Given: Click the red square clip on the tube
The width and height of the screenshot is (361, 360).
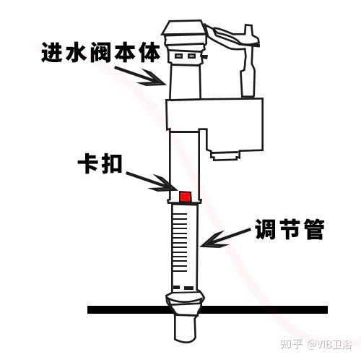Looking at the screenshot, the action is [x=185, y=196].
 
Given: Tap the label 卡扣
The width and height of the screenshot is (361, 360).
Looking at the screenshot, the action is [x=100, y=163].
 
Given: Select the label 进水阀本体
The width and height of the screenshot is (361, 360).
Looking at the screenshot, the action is [x=101, y=52].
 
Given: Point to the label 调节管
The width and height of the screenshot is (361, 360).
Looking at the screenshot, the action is [x=290, y=228].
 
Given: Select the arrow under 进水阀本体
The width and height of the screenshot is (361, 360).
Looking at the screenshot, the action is [x=141, y=76].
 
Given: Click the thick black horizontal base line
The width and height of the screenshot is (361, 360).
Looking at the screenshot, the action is [x=207, y=309].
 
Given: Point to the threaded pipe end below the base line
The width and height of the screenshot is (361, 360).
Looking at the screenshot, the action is [x=185, y=328].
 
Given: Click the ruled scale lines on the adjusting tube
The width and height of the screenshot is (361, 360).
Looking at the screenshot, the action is [x=180, y=242].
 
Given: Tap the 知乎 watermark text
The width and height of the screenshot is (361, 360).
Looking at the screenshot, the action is [x=292, y=344].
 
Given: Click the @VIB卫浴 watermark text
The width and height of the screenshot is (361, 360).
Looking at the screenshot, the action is [x=329, y=344].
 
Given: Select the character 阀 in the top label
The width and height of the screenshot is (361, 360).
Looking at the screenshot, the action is [x=101, y=53].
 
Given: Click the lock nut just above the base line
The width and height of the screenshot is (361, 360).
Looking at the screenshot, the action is [x=185, y=303].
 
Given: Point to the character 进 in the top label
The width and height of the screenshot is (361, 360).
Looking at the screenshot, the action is [x=52, y=52].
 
